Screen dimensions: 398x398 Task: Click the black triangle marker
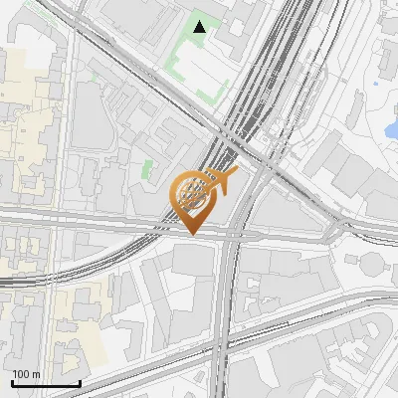200,27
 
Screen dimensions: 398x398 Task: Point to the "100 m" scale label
26,374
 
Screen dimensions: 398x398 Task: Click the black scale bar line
46,383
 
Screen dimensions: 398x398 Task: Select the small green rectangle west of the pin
148,170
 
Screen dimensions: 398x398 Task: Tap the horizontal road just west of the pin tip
119,223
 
